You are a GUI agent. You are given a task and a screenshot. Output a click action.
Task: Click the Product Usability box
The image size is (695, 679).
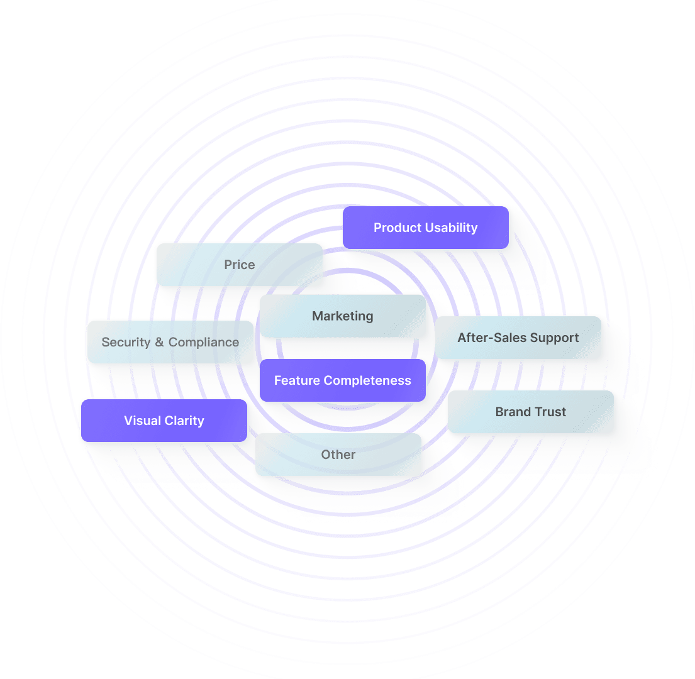click(x=425, y=228)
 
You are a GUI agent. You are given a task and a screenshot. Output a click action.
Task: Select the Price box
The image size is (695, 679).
click(x=239, y=265)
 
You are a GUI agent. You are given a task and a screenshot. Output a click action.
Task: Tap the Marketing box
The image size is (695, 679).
click(x=343, y=316)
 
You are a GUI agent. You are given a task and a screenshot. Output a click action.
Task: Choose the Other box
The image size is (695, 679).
click(x=338, y=455)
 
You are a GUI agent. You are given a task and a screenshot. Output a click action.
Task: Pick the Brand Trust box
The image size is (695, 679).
click(x=530, y=412)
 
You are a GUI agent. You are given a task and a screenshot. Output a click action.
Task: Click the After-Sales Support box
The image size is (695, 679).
click(x=518, y=338)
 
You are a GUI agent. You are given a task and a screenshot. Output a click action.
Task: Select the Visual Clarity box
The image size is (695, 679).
click(x=164, y=421)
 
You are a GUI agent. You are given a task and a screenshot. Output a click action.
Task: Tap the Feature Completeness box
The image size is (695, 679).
click(x=343, y=380)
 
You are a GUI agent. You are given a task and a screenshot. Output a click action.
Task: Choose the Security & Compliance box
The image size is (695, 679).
click(x=170, y=342)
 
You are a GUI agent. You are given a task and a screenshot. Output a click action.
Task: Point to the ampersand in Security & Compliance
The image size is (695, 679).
click(x=159, y=342)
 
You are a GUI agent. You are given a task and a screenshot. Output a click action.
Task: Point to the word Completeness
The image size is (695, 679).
click(x=372, y=380)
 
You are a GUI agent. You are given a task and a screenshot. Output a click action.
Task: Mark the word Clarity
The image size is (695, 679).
click(x=185, y=421)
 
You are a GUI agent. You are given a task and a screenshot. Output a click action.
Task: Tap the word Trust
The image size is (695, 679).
click(x=550, y=412)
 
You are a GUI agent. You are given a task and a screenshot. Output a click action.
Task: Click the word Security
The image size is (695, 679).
click(x=126, y=342)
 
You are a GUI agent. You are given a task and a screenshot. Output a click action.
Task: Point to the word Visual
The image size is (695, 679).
click(x=142, y=421)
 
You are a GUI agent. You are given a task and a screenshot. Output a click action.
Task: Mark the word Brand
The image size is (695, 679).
click(x=512, y=412)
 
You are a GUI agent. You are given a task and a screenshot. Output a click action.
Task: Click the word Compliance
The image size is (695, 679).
click(x=204, y=342)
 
